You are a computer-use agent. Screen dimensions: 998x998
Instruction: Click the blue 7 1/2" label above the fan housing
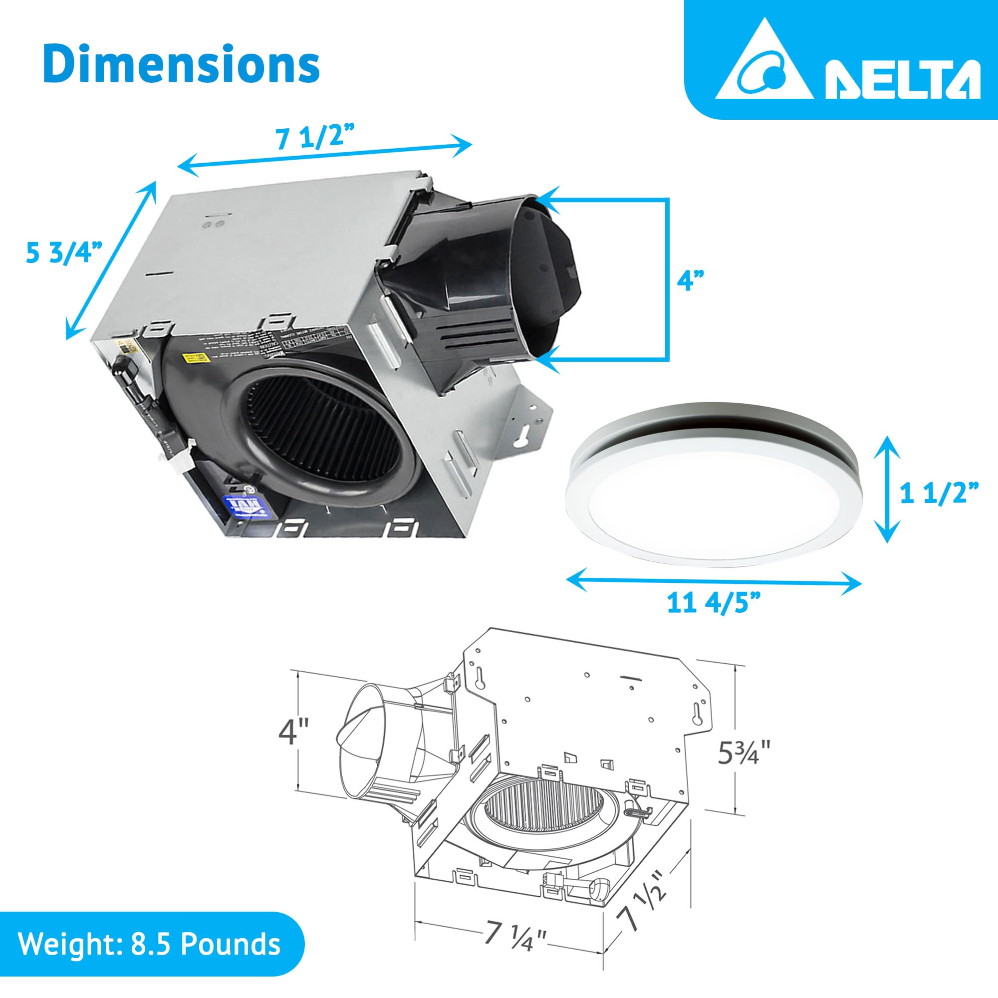[316, 136]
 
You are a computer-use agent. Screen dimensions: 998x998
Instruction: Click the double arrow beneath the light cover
[715, 582]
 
